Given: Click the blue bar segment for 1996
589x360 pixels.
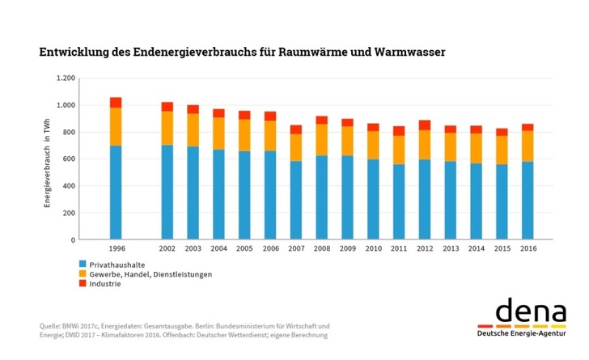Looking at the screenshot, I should (x=116, y=193).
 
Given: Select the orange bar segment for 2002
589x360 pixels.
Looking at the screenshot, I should (x=167, y=128).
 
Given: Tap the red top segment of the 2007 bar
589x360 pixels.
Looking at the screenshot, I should (x=296, y=129).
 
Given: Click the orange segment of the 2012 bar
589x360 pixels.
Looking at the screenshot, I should (x=424, y=144).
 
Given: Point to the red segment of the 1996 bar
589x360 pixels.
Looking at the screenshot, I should (x=116, y=103).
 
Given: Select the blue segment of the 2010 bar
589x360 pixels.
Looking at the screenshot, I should (x=373, y=199).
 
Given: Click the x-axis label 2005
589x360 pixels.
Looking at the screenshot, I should (x=244, y=249).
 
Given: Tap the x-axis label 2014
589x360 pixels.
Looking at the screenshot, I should (x=476, y=249).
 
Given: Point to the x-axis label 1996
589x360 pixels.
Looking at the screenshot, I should (x=116, y=249).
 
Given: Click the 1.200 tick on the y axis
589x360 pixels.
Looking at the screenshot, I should (x=65, y=78).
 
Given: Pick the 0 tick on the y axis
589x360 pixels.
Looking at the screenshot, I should (x=73, y=240).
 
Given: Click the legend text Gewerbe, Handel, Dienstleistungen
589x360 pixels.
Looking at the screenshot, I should (x=150, y=275).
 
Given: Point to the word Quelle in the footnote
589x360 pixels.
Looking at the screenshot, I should (x=51, y=326).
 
